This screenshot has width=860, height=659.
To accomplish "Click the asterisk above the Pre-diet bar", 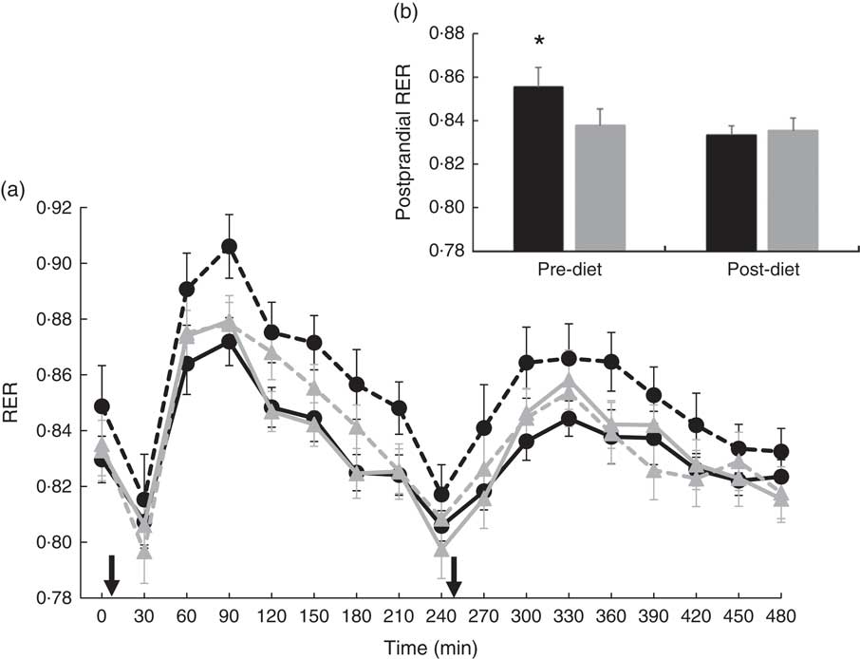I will [x=539, y=42].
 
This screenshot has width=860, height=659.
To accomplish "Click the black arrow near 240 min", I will [x=454, y=574].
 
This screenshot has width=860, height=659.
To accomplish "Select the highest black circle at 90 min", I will [x=229, y=247].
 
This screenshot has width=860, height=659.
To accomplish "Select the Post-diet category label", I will [x=758, y=270].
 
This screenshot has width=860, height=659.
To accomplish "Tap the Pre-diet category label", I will [x=568, y=270].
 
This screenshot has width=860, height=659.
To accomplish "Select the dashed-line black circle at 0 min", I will [x=102, y=406].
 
